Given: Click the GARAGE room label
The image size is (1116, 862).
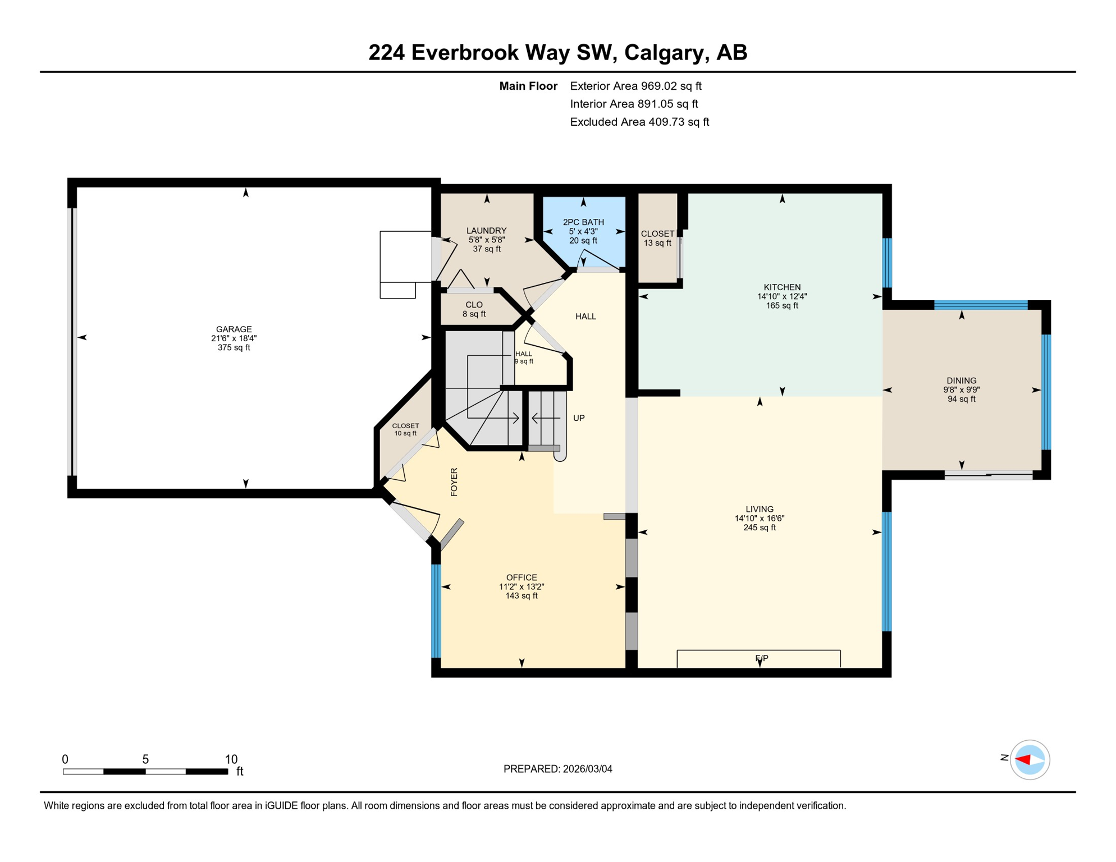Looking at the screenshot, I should point(234,329).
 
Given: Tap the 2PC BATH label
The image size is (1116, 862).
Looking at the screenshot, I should point(583,222).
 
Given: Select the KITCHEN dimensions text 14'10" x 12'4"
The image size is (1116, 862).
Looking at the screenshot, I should point(781,296).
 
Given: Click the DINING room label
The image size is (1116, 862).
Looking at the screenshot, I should point(961,380).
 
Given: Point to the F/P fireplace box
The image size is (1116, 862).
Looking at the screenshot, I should point(758,658).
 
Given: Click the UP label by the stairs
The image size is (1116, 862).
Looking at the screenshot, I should point(579,418).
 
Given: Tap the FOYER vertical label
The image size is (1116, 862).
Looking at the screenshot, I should point(454,482).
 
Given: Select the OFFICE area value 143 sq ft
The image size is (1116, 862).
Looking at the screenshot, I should point(522,596).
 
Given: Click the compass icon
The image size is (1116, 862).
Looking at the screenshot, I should point(1030,760).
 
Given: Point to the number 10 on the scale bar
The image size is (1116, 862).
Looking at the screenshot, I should point(231,759).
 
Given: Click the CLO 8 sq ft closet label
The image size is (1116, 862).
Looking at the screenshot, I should point(474,309).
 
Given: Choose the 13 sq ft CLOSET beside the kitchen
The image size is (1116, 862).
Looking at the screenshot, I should point(657,239).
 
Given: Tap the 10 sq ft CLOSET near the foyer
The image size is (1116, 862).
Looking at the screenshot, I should point(405,429).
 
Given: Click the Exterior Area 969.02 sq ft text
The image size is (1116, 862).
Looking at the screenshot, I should point(635,86).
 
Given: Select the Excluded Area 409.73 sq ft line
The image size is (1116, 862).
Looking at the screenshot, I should point(639,122).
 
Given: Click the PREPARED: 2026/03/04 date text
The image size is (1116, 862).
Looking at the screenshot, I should point(557,769).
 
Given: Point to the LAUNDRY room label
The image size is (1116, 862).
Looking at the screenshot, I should point(486,231).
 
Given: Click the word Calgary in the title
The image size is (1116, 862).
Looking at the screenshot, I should point(663,52).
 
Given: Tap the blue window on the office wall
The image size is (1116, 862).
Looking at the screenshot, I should point(436,611).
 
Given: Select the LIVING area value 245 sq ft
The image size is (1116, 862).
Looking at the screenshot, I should point(759,528).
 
